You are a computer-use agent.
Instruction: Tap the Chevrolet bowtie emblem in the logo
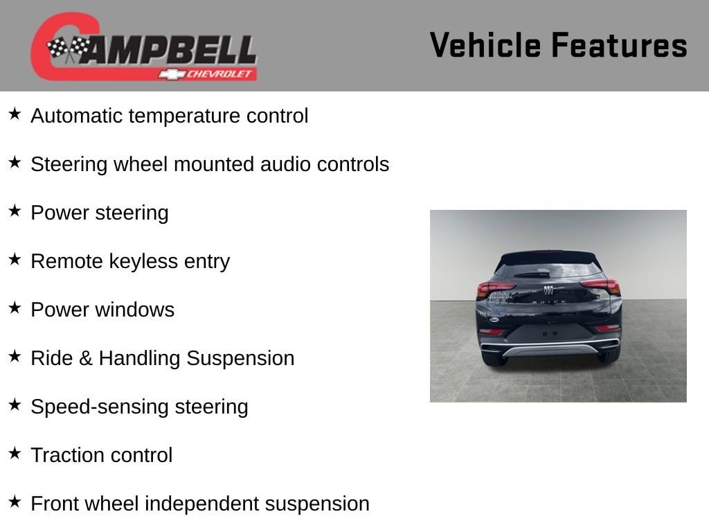[x=172, y=74]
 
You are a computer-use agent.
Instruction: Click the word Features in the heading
[x=619, y=45]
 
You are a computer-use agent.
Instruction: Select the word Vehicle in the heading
[x=485, y=45]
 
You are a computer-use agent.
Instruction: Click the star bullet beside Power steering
[x=15, y=211]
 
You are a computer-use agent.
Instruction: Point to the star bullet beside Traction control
[x=15, y=453]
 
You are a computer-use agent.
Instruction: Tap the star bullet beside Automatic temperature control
[x=15, y=114]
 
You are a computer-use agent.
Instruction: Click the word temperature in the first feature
[x=184, y=116]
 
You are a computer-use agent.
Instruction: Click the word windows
[x=135, y=310]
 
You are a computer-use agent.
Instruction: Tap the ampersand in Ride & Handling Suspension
[x=86, y=358]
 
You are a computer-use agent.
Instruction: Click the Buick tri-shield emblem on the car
[x=548, y=290]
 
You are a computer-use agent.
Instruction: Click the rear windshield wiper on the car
[x=532, y=274]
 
